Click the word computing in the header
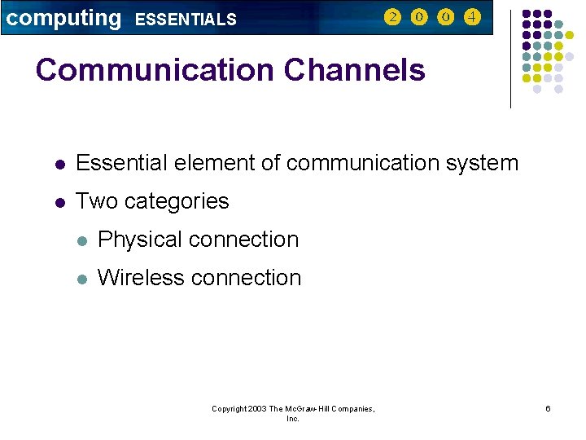(x=63, y=18)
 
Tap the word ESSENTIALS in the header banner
(x=186, y=20)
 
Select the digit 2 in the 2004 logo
(x=392, y=17)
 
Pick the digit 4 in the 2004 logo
(x=472, y=17)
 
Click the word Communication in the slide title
(x=155, y=70)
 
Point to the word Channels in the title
(x=355, y=70)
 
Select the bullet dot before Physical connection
(x=81, y=240)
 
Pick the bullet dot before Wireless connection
(x=81, y=279)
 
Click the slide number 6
(x=548, y=408)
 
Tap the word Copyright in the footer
(x=229, y=408)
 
